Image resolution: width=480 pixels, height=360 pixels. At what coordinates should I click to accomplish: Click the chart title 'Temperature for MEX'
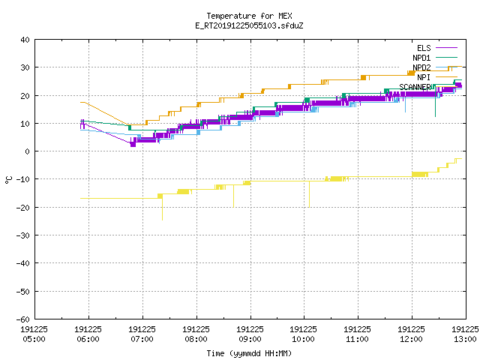point(249,16)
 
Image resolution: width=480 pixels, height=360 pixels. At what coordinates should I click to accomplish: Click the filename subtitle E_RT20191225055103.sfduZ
point(249,25)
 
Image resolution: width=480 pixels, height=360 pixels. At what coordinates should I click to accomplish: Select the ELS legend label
point(424,48)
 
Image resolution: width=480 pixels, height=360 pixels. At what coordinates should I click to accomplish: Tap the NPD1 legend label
point(421,58)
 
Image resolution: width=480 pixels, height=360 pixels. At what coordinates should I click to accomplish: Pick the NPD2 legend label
point(421,67)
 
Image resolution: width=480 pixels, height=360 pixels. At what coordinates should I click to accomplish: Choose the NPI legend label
point(424,77)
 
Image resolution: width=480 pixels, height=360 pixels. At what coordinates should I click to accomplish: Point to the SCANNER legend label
point(415,87)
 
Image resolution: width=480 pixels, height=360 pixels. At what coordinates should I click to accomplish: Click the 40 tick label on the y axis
point(25,40)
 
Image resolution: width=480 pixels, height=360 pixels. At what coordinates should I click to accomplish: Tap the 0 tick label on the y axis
point(28,151)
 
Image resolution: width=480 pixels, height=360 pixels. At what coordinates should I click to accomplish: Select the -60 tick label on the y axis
point(23,319)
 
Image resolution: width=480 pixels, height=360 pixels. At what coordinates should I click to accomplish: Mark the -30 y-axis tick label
point(23,235)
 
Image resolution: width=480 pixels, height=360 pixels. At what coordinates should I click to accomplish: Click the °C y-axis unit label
point(8,180)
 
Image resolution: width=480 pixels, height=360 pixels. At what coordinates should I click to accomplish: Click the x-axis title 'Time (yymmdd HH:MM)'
point(249,353)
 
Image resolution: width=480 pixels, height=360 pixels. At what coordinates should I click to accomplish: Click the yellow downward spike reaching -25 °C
point(162,209)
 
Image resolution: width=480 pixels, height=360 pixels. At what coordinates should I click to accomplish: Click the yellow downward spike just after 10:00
point(309,194)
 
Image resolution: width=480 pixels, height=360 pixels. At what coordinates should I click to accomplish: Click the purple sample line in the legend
point(446,48)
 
